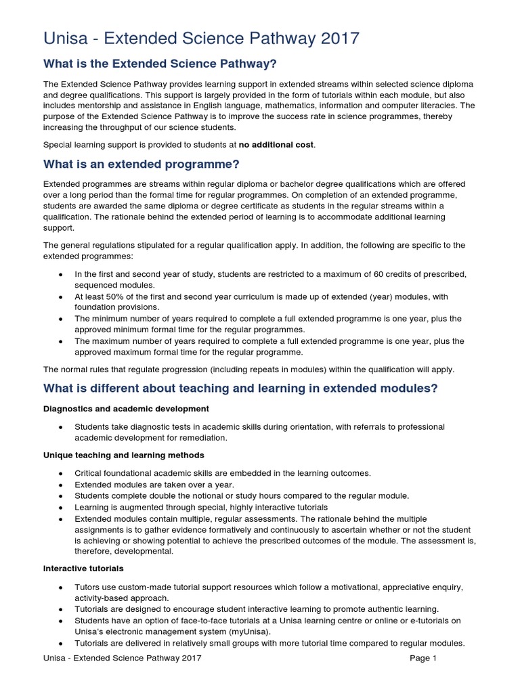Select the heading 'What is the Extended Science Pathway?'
pyautogui.click(x=160, y=64)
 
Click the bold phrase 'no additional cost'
pyautogui.click(x=277, y=145)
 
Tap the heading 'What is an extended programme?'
pyautogui.click(x=142, y=165)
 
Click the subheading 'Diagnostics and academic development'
pyautogui.click(x=126, y=409)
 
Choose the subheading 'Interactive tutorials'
pyautogui.click(x=84, y=568)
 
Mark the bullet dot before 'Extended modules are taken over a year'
pyautogui.click(x=62, y=485)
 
